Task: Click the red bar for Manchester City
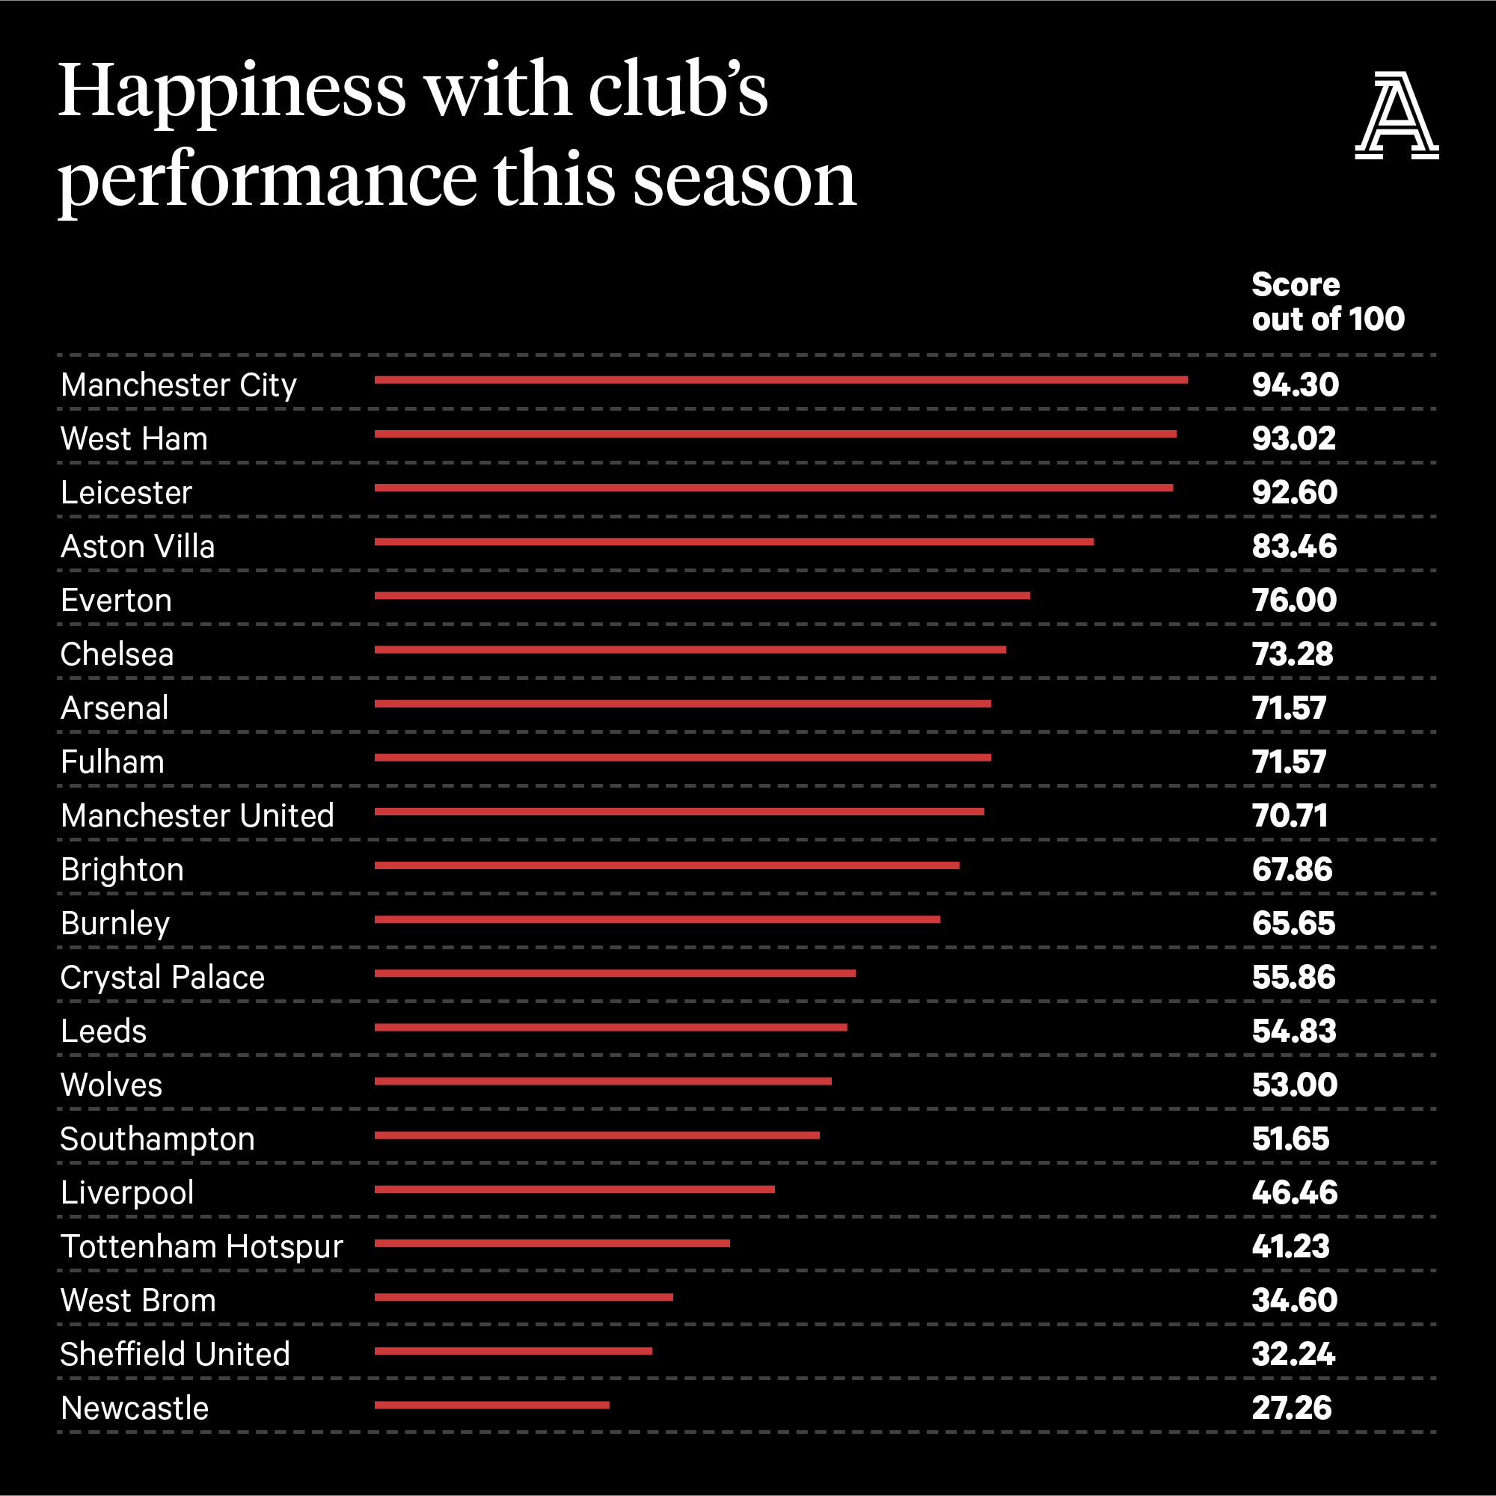coord(780,380)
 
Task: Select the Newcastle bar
coord(491,1405)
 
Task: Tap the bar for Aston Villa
coord(734,542)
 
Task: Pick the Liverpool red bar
coord(574,1189)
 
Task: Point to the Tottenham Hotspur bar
coord(552,1242)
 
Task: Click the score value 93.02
coord(1294,439)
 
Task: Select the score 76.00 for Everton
coord(1294,600)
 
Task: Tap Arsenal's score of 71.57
coord(1290,708)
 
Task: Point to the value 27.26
coord(1292,1408)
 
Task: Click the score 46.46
coord(1294,1192)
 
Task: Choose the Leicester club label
coord(126,493)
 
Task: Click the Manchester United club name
coord(197,816)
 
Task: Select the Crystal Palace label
coord(162,977)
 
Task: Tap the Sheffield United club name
coord(175,1355)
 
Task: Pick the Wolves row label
coord(111,1085)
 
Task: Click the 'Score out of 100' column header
coord(1327,302)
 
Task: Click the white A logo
coord(1396,116)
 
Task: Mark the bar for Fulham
coord(682,757)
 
